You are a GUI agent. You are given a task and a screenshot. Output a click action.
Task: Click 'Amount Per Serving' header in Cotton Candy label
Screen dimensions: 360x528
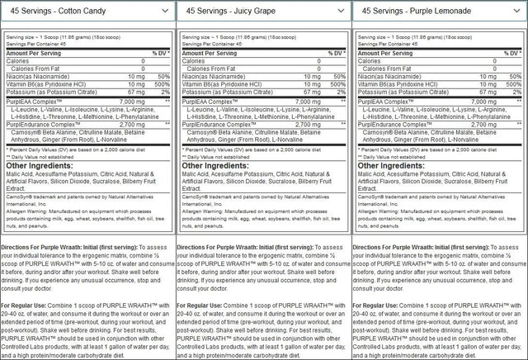[x=34, y=52]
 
